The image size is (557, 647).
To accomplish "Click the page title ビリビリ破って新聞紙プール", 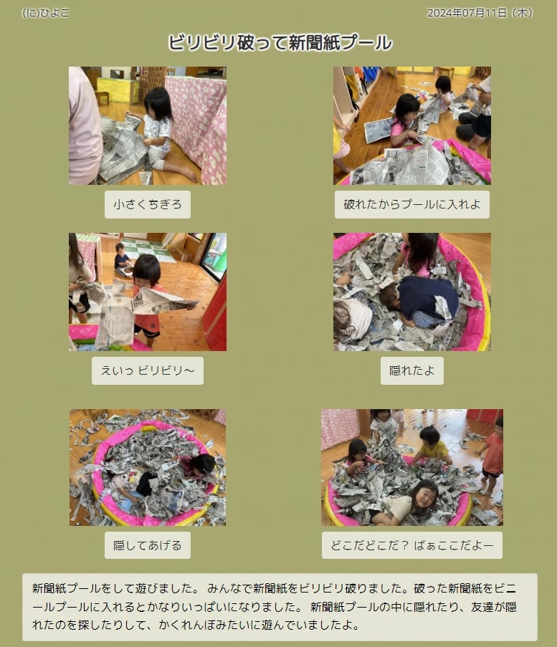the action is coord(280,42).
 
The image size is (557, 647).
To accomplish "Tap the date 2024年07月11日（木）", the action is coord(480,13).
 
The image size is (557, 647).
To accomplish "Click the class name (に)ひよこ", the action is coord(45,13).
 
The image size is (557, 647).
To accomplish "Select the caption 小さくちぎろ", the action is coord(148,204).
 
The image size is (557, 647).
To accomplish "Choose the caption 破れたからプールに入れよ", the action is coord(412,204).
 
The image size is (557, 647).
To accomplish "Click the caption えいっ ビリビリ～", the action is coord(148,370).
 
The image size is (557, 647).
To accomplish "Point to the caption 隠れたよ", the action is coord(412,370).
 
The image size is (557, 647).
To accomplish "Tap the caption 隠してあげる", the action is coord(148,545).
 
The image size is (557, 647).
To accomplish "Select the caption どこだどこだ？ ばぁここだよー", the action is coord(412,545).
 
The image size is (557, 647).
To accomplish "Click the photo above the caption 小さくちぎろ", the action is coord(148,125).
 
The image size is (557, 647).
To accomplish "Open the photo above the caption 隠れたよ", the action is coord(412,292).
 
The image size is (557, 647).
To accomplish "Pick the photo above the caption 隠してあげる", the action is coord(148,467).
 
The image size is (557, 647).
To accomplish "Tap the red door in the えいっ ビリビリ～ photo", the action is coord(216,314).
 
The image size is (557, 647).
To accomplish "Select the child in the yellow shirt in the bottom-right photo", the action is coord(432,446).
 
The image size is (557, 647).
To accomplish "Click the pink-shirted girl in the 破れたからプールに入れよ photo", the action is coord(403,120).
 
